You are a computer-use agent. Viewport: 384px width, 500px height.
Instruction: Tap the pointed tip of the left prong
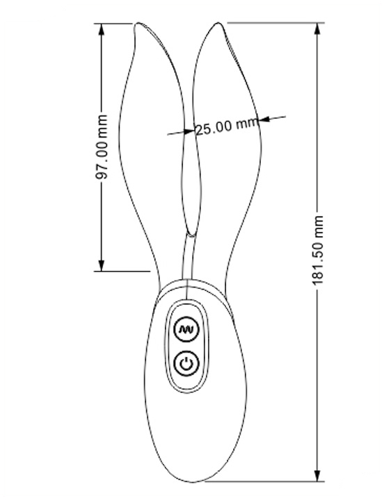click(137, 24)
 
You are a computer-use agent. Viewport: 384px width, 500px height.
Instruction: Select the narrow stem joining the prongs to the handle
click(188, 257)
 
